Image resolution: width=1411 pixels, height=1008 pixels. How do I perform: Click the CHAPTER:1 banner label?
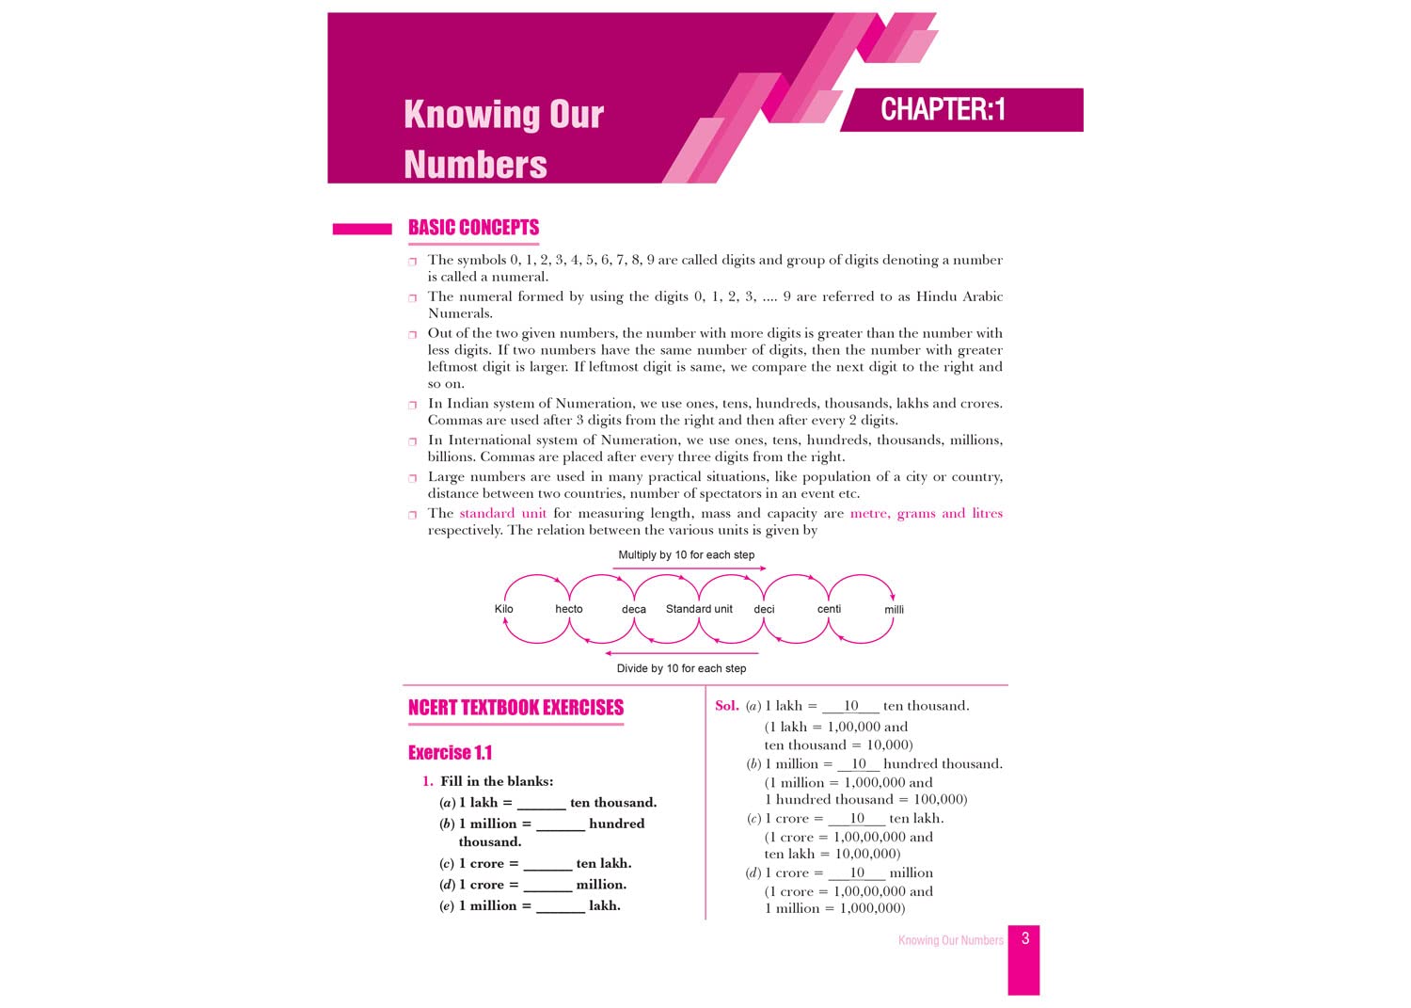(943, 110)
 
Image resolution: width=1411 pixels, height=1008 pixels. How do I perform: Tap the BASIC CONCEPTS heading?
(473, 228)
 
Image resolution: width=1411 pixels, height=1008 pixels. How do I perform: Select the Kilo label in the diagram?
(504, 609)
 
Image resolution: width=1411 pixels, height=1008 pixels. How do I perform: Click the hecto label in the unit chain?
(569, 609)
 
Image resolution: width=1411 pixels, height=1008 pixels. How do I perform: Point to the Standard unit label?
(699, 609)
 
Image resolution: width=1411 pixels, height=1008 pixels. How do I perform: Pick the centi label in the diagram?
(829, 609)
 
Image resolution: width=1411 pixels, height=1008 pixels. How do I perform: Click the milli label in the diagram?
(894, 610)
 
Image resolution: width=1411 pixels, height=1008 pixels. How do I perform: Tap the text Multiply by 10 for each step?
(686, 555)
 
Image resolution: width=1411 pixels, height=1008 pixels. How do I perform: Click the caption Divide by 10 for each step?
(681, 668)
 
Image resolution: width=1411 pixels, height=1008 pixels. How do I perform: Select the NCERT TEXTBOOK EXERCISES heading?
(515, 708)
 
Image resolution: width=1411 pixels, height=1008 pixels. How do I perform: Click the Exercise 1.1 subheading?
(450, 753)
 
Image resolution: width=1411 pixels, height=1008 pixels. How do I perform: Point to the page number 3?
(1025, 938)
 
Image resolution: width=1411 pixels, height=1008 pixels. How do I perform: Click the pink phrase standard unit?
(502, 513)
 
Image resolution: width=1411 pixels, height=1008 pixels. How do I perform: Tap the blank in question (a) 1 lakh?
(541, 804)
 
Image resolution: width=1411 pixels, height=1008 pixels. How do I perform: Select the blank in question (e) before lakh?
(560, 907)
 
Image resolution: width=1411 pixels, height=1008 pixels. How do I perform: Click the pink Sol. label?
(726, 706)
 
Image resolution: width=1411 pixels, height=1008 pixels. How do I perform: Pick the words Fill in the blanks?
(497, 781)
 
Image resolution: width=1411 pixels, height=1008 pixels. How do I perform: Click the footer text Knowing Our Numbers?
(950, 940)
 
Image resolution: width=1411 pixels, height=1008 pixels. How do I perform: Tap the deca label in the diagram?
(634, 610)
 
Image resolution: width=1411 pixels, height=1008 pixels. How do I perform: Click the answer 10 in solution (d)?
(857, 872)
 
